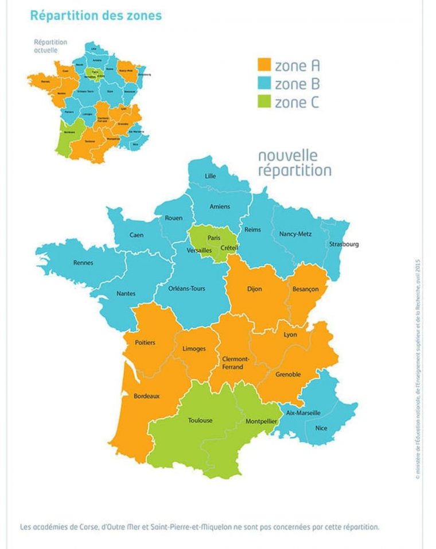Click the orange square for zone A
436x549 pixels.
coord(264,65)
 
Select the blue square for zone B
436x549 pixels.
coord(264,84)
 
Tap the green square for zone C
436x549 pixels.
coord(264,103)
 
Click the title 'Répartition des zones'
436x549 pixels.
coord(95,15)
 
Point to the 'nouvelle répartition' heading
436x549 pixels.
coord(294,163)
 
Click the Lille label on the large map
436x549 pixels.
coord(211,176)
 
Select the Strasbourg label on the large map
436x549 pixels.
coord(344,244)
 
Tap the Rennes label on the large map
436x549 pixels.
coord(83,263)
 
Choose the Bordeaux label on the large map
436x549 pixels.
coord(146,396)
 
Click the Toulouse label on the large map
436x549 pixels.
coord(200,420)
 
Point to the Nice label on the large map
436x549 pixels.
coord(321,427)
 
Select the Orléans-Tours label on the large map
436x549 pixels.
coord(187,289)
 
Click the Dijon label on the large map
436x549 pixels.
coord(254,289)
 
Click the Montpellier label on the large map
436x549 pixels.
coord(262,421)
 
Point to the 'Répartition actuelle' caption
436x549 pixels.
coord(50,46)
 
